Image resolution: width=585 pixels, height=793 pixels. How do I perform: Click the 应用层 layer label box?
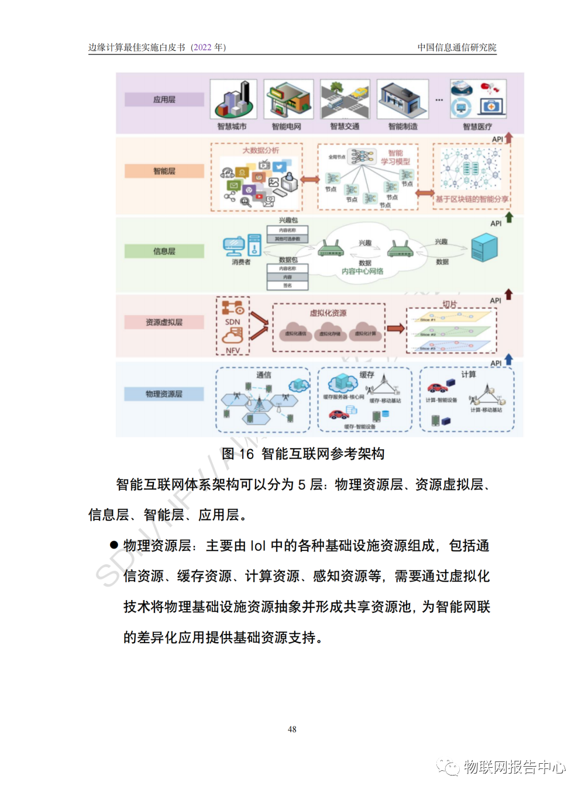pyautogui.click(x=164, y=99)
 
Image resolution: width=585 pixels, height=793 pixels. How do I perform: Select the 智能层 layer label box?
pyautogui.click(x=164, y=171)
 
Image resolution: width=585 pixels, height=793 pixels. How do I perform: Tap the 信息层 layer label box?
pyautogui.click(x=164, y=251)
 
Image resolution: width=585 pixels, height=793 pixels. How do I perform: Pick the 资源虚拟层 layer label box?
pyautogui.click(x=164, y=322)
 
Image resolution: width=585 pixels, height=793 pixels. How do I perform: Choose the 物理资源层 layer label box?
pyautogui.click(x=164, y=394)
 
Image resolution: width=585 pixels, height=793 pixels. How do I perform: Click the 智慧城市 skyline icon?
pyautogui.click(x=233, y=99)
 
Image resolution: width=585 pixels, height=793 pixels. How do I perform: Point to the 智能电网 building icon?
pyautogui.click(x=288, y=99)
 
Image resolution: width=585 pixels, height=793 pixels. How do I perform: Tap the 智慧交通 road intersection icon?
pyautogui.click(x=345, y=99)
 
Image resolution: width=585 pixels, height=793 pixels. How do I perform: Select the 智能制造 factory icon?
pyautogui.click(x=402, y=99)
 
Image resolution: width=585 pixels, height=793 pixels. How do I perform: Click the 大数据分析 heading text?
pyautogui.click(x=260, y=150)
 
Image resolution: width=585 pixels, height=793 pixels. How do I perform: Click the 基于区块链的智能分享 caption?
pyautogui.click(x=472, y=199)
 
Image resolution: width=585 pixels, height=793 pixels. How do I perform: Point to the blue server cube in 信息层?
pyautogui.click(x=484, y=246)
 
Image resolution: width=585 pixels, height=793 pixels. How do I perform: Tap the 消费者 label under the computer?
pyautogui.click(x=241, y=262)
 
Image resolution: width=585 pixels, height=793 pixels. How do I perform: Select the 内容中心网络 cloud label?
pyautogui.click(x=363, y=271)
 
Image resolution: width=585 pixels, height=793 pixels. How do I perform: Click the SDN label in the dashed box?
pyautogui.click(x=233, y=322)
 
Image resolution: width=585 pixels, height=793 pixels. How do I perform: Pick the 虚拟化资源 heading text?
pyautogui.click(x=328, y=313)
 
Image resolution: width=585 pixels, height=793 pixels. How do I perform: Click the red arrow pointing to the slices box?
pyautogui.click(x=396, y=328)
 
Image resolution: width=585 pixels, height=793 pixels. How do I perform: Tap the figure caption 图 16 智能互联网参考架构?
pyautogui.click(x=302, y=454)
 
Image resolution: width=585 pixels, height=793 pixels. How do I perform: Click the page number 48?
pyautogui.click(x=292, y=729)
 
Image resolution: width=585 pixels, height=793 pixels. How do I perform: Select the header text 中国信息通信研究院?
pyautogui.click(x=456, y=47)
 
